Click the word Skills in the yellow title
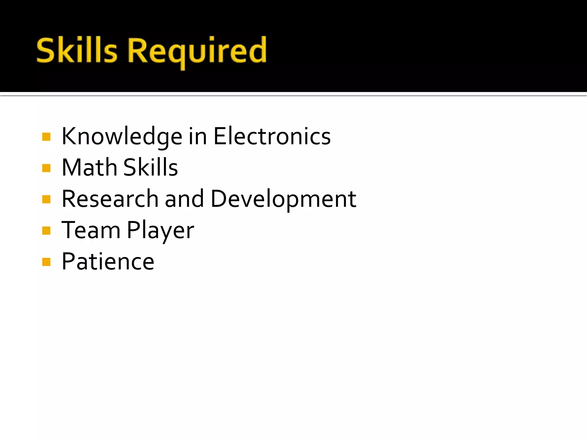77,51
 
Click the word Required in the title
197,52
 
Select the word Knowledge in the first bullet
122,137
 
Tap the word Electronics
272,137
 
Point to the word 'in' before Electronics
198,137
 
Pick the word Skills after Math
150,168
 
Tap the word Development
283,199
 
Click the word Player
161,231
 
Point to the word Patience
108,262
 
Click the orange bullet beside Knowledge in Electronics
46,137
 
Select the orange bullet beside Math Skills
46,168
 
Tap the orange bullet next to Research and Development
46,199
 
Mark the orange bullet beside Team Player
46,230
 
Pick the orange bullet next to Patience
46,262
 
